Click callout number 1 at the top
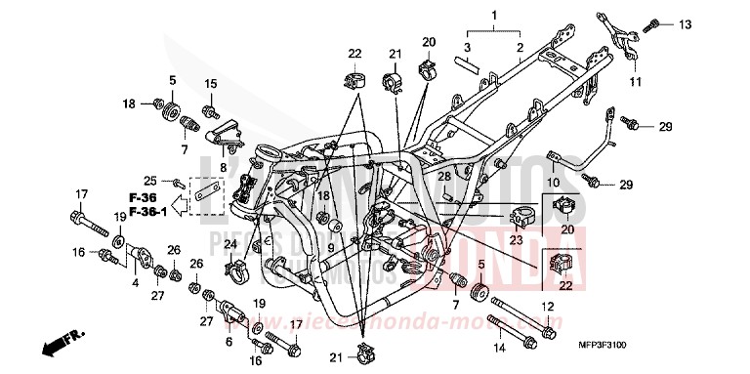point(495,17)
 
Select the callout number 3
point(467,47)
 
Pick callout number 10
point(553,182)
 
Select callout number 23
point(516,240)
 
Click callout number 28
point(443,177)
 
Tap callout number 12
point(548,308)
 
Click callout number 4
point(135,284)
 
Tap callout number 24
point(230,243)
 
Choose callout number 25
point(149,181)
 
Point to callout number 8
point(223,167)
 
